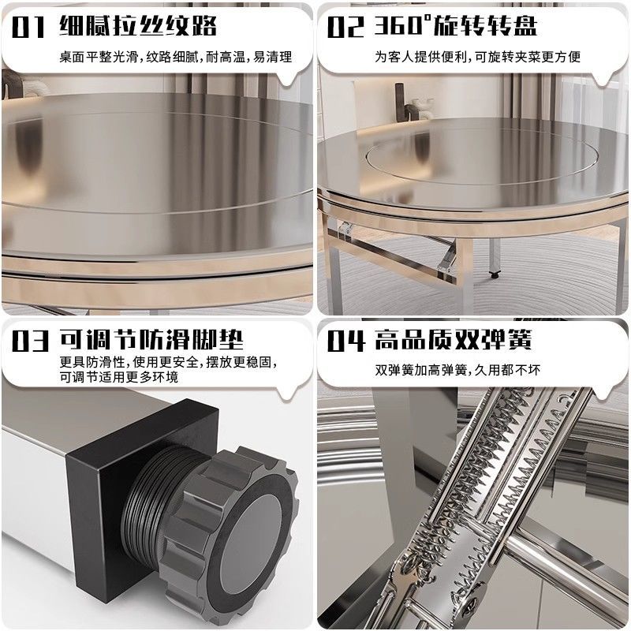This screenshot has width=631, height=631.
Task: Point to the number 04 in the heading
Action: click(x=345, y=341)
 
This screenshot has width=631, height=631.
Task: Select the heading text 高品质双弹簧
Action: click(x=454, y=341)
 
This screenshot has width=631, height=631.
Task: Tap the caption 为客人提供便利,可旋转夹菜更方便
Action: click(x=478, y=57)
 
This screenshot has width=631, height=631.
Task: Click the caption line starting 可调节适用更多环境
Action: click(x=118, y=378)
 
